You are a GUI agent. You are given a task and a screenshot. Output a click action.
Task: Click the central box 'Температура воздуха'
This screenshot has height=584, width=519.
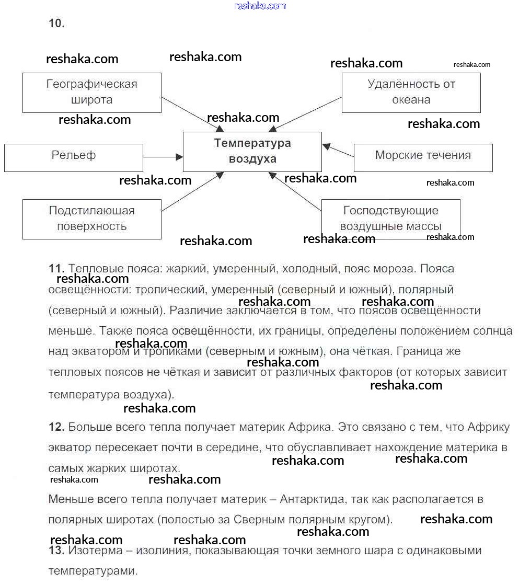pyautogui.click(x=252, y=151)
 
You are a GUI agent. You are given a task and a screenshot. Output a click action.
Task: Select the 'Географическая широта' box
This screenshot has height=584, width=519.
pyautogui.click(x=91, y=92)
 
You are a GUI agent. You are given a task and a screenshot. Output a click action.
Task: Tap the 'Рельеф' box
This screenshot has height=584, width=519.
pyautogui.click(x=73, y=157)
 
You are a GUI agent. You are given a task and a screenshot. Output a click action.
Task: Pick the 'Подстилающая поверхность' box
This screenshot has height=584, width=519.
pyautogui.click(x=91, y=219)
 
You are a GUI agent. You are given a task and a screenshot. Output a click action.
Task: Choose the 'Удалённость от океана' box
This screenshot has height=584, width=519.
pyautogui.click(x=411, y=92)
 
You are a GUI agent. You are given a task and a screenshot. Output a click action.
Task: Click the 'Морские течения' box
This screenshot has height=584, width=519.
pyautogui.click(x=423, y=157)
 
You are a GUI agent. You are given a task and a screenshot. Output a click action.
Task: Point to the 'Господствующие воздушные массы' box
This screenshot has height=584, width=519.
pyautogui.click(x=390, y=219)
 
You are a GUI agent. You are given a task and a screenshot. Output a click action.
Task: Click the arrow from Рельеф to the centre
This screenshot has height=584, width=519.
pyautogui.click(x=163, y=156)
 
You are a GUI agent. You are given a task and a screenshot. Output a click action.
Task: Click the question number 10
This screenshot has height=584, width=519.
pyautogui.click(x=56, y=24)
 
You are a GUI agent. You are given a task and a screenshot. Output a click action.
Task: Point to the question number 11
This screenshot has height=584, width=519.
pyautogui.click(x=56, y=269)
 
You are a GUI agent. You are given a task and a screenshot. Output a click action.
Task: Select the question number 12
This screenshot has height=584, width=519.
pyautogui.click(x=56, y=427)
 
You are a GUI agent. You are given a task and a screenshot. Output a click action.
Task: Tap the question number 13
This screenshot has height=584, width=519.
pyautogui.click(x=56, y=551)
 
